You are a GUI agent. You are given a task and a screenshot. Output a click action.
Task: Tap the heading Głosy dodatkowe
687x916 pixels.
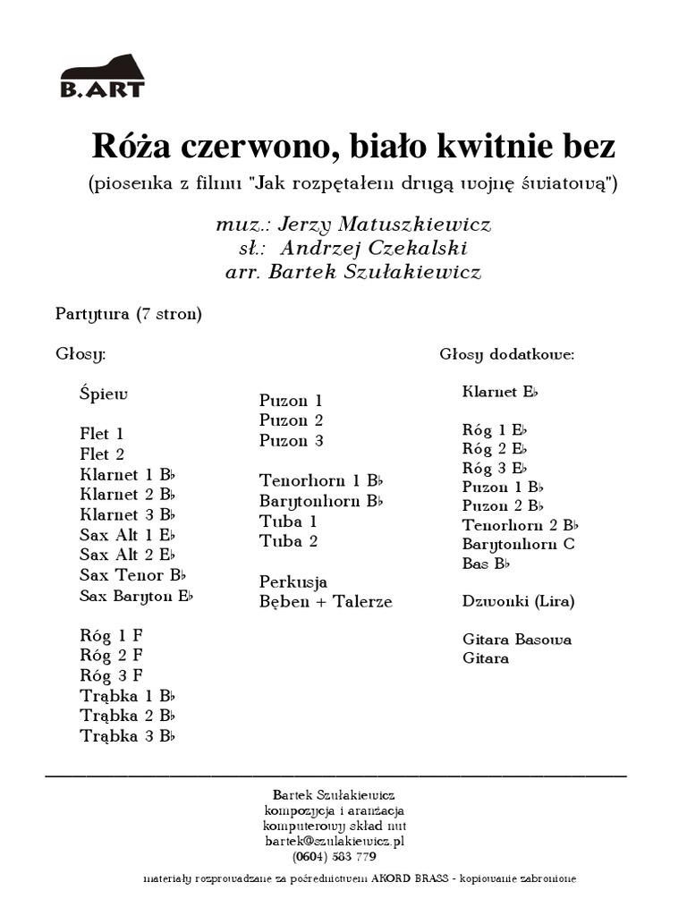click(506, 354)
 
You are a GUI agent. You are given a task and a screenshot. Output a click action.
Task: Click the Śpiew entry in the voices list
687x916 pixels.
click(104, 394)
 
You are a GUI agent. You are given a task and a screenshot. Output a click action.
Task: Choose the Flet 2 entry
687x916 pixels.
click(101, 454)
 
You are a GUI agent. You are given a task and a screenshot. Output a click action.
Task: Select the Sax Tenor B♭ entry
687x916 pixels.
click(133, 575)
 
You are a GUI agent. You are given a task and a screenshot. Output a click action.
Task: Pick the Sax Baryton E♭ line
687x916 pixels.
click(136, 596)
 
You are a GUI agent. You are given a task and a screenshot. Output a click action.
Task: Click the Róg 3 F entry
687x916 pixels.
click(111, 675)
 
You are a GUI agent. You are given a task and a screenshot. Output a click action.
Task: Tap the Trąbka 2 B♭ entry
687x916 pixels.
click(127, 716)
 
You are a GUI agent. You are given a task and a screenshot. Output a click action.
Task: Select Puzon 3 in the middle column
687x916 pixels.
click(291, 441)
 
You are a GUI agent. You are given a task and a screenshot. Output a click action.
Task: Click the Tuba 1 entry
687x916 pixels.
click(288, 521)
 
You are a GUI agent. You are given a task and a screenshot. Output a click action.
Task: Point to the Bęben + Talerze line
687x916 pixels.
click(326, 602)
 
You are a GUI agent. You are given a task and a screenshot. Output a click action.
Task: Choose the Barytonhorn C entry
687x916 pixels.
click(518, 544)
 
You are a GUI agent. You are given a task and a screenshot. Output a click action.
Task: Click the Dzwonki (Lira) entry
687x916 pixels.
click(518, 601)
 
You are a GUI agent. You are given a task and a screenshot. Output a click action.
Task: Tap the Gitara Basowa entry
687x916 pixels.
click(517, 640)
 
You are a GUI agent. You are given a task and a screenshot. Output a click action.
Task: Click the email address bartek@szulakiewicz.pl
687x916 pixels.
click(335, 841)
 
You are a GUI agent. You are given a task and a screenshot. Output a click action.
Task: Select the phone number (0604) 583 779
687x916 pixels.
click(334, 856)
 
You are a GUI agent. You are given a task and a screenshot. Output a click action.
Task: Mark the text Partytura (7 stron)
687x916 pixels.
click(128, 314)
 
